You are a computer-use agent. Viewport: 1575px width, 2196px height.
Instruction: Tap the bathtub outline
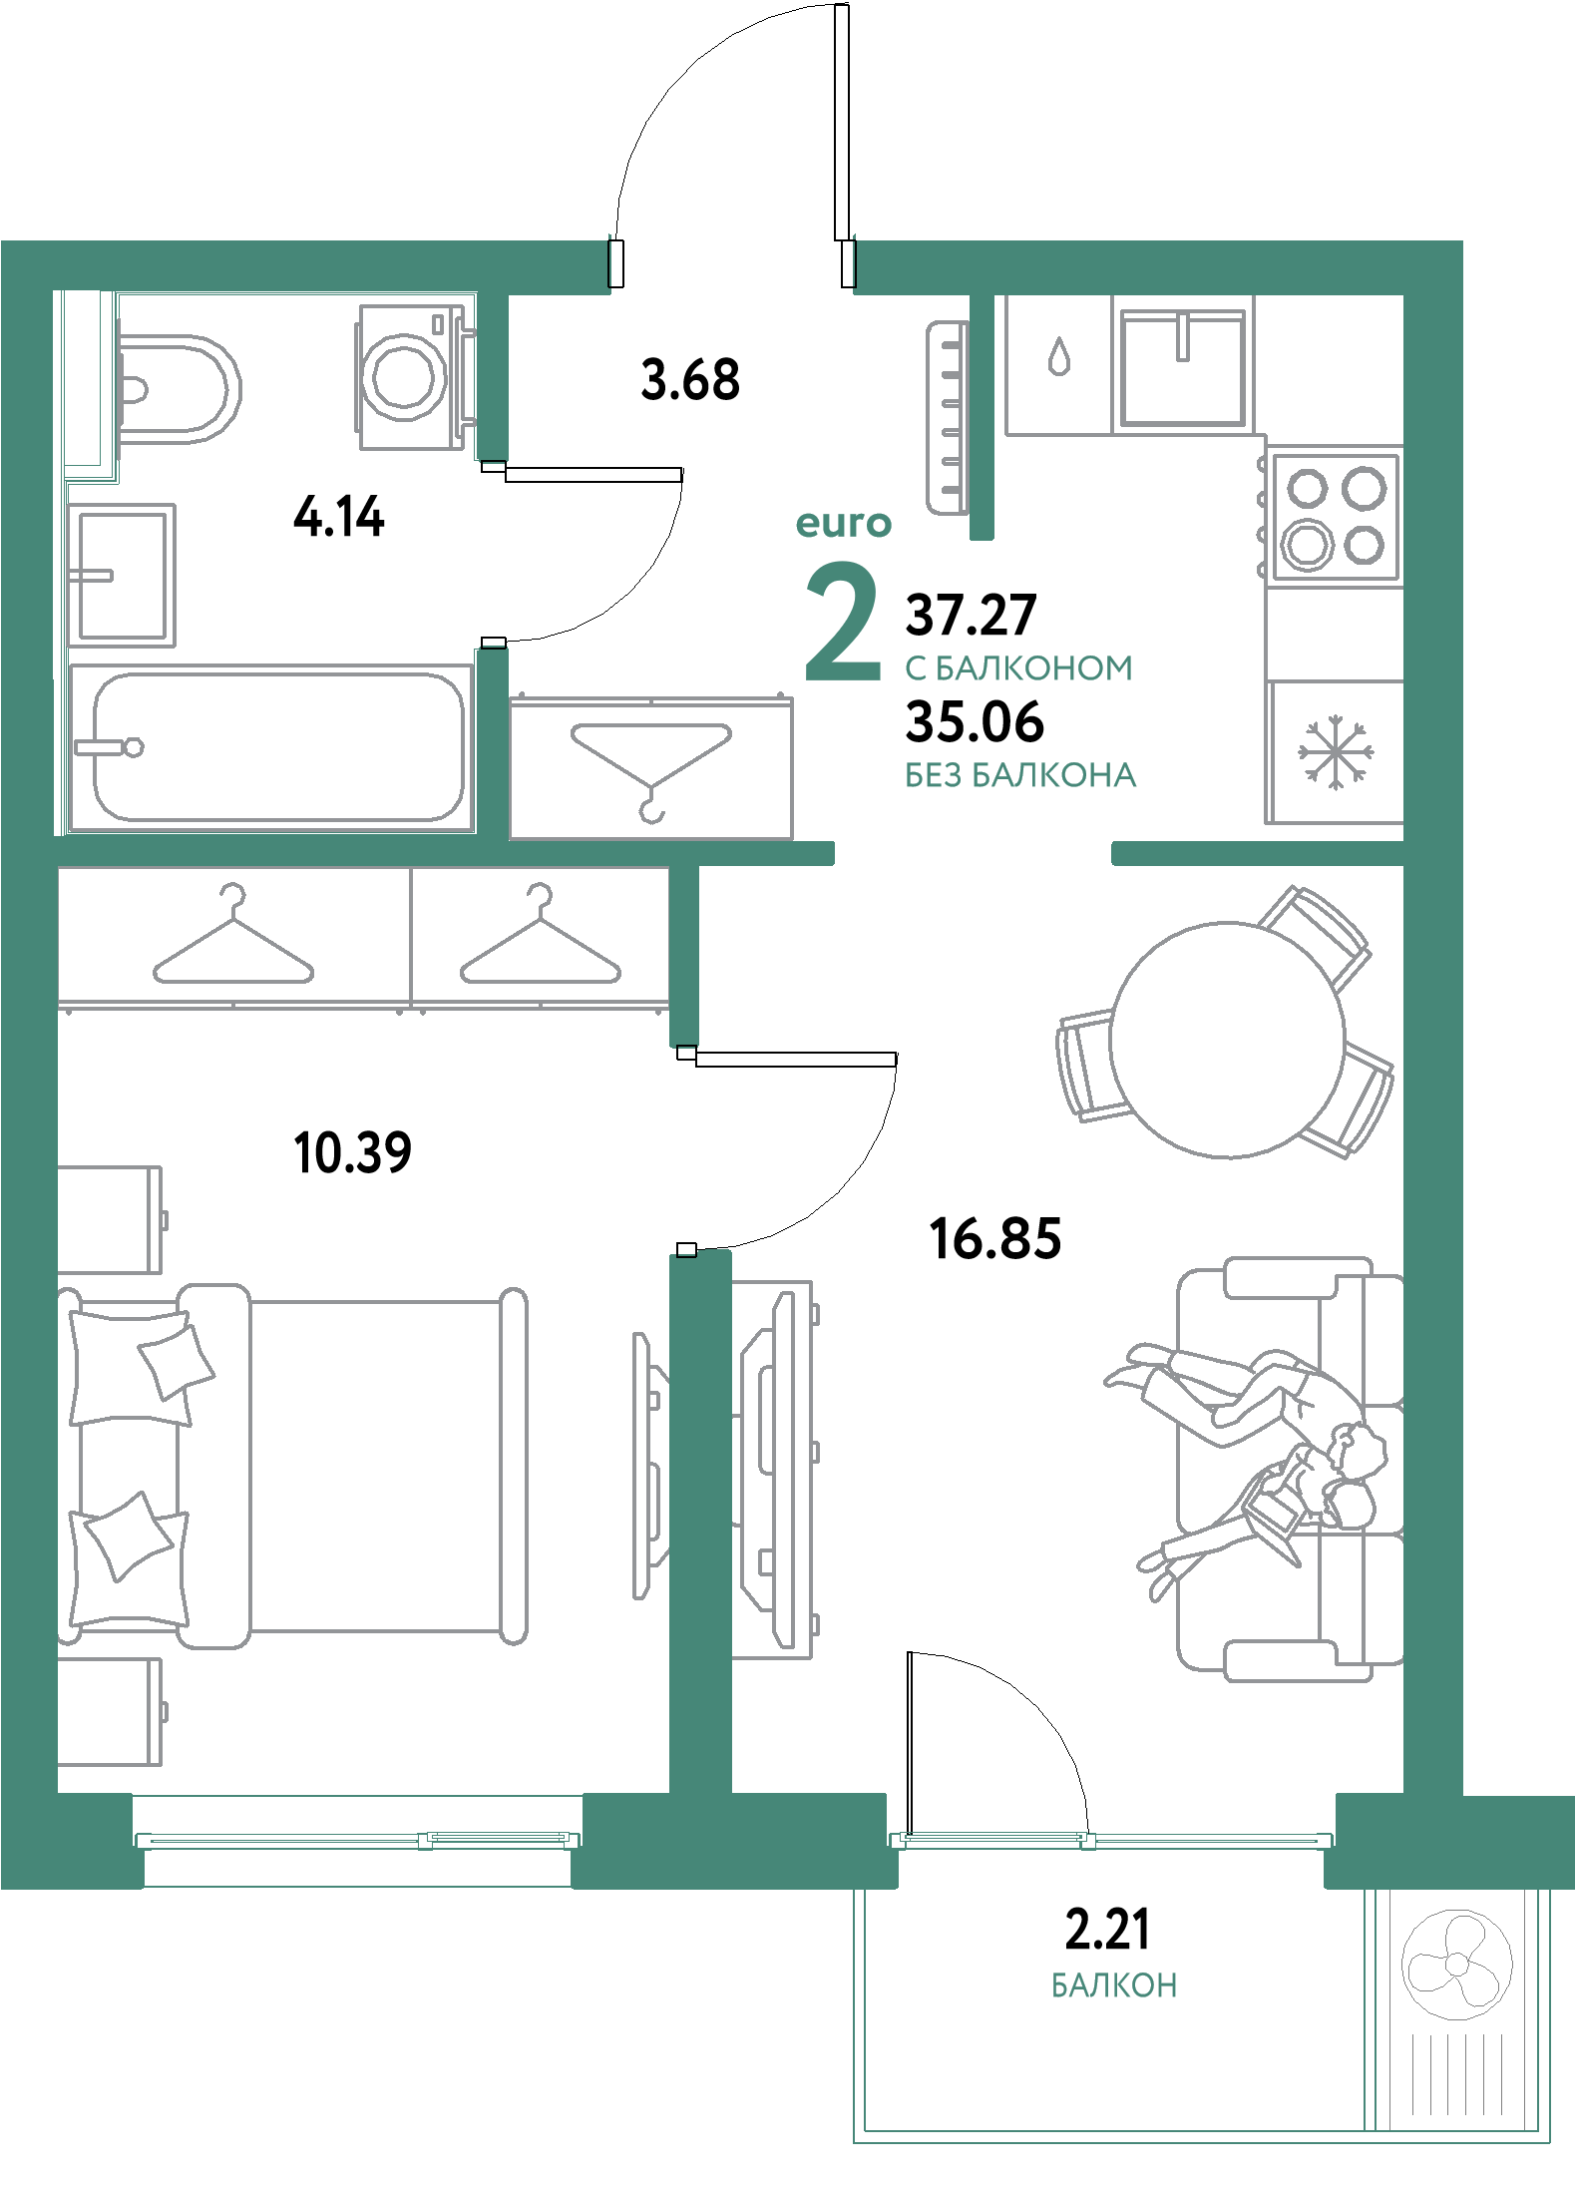[x=279, y=747]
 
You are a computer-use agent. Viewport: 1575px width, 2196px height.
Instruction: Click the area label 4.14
[x=339, y=519]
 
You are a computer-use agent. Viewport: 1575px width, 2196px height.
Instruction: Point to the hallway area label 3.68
[x=690, y=380]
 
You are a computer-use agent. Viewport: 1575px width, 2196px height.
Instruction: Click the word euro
[x=843, y=524]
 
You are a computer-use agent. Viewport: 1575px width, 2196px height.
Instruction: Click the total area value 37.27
[x=971, y=616]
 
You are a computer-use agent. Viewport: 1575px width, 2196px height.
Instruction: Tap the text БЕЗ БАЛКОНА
[x=1020, y=775]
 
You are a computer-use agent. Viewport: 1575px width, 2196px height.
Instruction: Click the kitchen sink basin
[x=1183, y=367]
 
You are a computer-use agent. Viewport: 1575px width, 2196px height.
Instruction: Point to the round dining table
[x=1227, y=1039]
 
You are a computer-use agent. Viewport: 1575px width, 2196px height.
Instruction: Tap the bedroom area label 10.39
[x=353, y=1153]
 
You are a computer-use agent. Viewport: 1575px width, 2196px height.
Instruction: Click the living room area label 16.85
[x=994, y=1238]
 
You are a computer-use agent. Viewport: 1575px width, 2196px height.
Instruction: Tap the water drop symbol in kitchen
[x=1056, y=356]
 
